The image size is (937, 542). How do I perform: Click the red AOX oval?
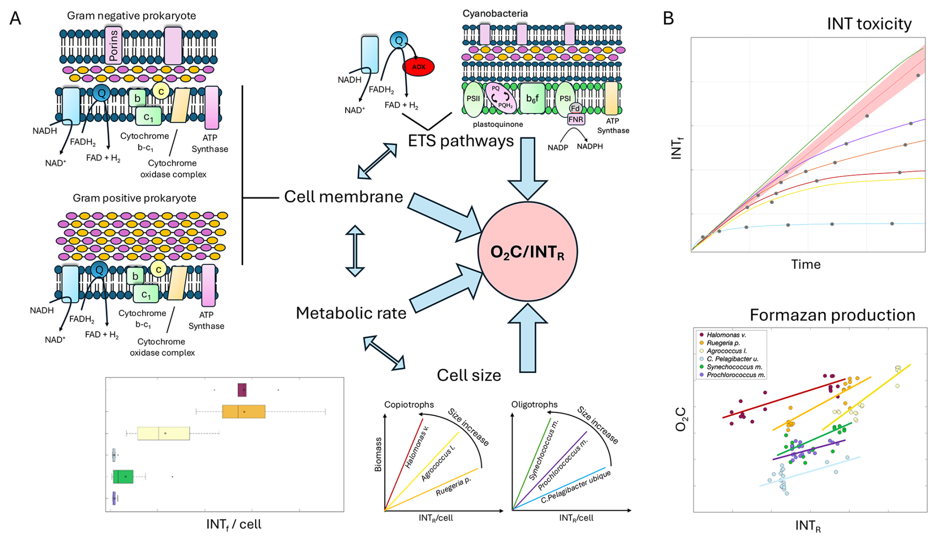point(418,67)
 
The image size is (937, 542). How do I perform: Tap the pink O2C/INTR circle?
point(527,252)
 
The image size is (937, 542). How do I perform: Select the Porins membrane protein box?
point(113,46)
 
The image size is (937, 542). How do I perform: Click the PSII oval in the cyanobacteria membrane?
point(473,99)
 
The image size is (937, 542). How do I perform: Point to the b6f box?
point(532,99)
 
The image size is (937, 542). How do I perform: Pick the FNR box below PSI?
point(575,119)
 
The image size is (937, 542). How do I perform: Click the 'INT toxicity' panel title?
point(869,24)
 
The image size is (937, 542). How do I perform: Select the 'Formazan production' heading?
point(832,315)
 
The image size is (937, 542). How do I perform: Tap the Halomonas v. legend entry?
point(726,335)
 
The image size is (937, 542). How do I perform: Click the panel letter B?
point(668,19)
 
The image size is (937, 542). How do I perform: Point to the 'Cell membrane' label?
point(343,197)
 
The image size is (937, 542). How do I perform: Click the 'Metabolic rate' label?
point(351,313)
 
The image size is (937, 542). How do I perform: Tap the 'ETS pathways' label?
point(461,141)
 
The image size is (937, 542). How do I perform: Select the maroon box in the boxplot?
point(242,390)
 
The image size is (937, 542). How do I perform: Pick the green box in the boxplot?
point(123,477)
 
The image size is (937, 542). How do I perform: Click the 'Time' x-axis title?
point(806,265)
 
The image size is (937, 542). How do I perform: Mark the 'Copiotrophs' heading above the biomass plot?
point(409,405)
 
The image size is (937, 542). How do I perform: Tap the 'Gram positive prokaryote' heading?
point(134,198)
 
